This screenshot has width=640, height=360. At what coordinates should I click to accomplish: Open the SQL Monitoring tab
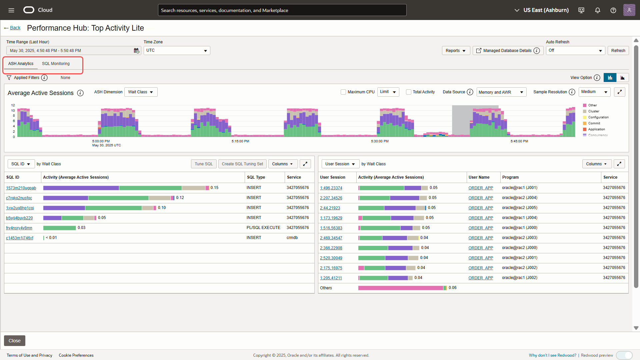pyautogui.click(x=56, y=64)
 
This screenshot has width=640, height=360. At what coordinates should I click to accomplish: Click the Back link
pyautogui.click(x=15, y=28)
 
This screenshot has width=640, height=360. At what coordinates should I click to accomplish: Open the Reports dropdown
pyautogui.click(x=455, y=51)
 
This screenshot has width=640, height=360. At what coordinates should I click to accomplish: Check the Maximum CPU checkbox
pyautogui.click(x=343, y=92)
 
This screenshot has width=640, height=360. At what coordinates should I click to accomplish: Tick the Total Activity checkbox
pyautogui.click(x=408, y=92)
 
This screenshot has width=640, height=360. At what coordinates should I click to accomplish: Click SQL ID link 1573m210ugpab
pyautogui.click(x=21, y=188)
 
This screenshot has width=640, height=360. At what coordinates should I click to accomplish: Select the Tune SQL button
pyautogui.click(x=204, y=164)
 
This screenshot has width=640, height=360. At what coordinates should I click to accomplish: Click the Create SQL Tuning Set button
pyautogui.click(x=242, y=164)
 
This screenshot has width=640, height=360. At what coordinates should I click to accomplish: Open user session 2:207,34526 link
pyautogui.click(x=331, y=198)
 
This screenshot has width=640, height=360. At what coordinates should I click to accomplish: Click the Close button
pyautogui.click(x=15, y=341)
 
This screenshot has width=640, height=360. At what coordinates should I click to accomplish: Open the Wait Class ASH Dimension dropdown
pyautogui.click(x=141, y=92)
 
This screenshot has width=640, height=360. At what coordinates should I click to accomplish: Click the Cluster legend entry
pyautogui.click(x=593, y=111)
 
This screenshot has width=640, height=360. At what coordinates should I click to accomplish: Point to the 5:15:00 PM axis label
pyautogui.click(x=240, y=141)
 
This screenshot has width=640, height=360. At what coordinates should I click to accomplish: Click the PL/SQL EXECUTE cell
pyautogui.click(x=263, y=228)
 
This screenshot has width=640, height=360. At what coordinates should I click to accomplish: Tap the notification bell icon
pyautogui.click(x=598, y=10)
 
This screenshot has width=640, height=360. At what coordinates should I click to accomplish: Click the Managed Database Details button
pyautogui.click(x=507, y=51)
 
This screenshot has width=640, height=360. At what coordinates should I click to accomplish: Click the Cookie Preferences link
pyautogui.click(x=76, y=355)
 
